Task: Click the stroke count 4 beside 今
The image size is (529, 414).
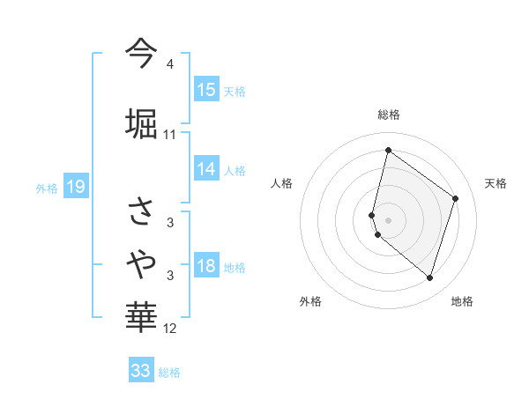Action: click(x=169, y=65)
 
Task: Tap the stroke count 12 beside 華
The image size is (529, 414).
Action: click(x=170, y=329)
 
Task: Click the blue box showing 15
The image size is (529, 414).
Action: click(x=206, y=90)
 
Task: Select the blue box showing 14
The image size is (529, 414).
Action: click(x=206, y=169)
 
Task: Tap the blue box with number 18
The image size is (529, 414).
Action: click(x=206, y=267)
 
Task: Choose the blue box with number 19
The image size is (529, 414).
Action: click(x=75, y=187)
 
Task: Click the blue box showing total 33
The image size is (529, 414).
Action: click(x=141, y=371)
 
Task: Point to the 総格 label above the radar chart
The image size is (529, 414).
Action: click(x=389, y=115)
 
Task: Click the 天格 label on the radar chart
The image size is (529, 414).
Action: click(x=495, y=183)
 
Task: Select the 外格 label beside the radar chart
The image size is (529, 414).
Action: click(x=310, y=301)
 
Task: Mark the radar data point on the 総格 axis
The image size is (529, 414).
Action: click(x=388, y=150)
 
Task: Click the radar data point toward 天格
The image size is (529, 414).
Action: click(x=456, y=198)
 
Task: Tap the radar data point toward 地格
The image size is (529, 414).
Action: click(x=429, y=278)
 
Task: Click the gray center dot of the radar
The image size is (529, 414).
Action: click(x=389, y=220)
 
